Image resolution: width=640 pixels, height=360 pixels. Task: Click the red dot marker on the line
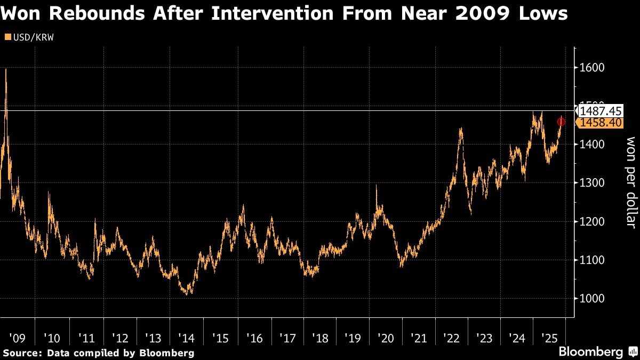pyautogui.click(x=561, y=122)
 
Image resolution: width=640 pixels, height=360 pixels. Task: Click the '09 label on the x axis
pyautogui.click(x=17, y=338)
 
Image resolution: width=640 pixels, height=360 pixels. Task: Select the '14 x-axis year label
pyautogui.click(x=187, y=338)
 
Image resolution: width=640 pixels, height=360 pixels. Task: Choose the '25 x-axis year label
pyautogui.click(x=549, y=338)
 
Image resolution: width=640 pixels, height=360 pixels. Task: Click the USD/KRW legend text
pyautogui.click(x=33, y=37)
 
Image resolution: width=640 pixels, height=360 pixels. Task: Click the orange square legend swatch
pyautogui.click(x=7, y=37)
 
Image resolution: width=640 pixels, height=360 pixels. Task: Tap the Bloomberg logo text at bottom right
pyautogui.click(x=590, y=352)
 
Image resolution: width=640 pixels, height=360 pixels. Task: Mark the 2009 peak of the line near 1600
pyautogui.click(x=6, y=69)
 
